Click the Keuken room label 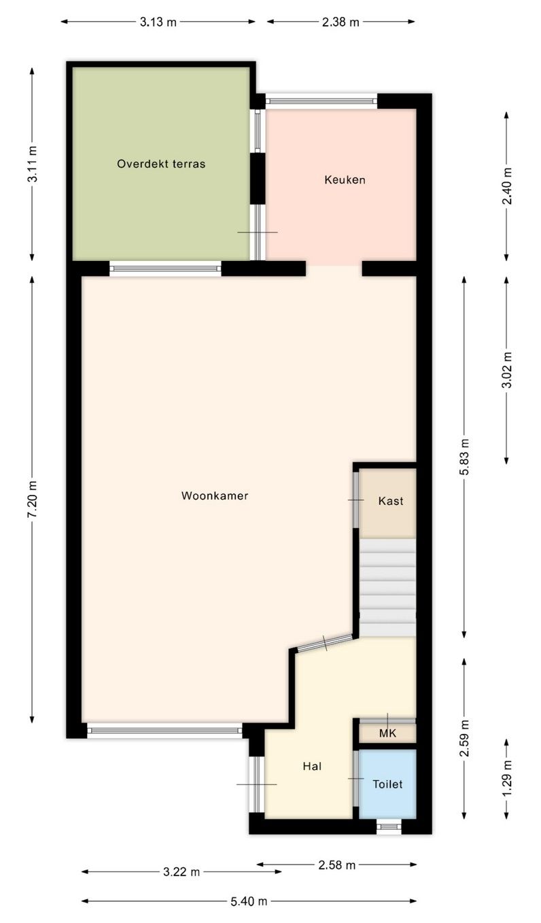point(345,180)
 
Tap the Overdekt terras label point(161,164)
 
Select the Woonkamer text point(215,496)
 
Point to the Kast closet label point(390,501)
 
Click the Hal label point(312,766)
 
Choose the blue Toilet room point(387,784)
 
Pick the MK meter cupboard point(387,733)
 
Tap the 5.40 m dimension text point(249,901)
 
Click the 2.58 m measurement point(337,865)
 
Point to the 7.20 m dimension point(32,500)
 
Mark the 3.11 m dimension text point(32,164)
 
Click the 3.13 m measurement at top point(158,22)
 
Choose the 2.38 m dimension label point(341,22)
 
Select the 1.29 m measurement point(506,780)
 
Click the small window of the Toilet point(389,826)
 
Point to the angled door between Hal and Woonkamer point(325,642)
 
